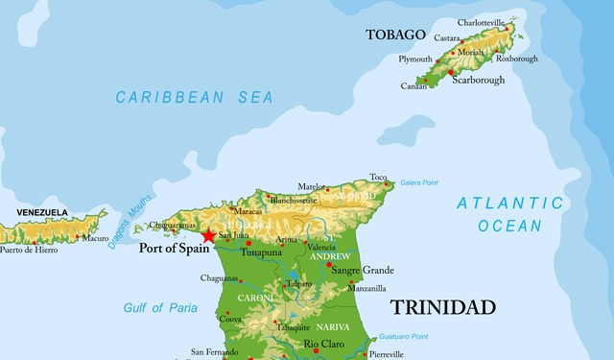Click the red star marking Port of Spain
pyautogui.click(x=208, y=235)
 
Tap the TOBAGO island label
pyautogui.click(x=395, y=35)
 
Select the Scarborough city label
pyautogui.click(x=478, y=81)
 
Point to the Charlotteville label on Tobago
pyautogui.click(x=481, y=22)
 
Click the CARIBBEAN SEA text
pyautogui.click(x=194, y=97)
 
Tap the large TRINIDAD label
pyautogui.click(x=442, y=307)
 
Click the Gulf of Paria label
pyautogui.click(x=160, y=308)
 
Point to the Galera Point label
pyautogui.click(x=418, y=181)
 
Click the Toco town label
pyautogui.click(x=378, y=177)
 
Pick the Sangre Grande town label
pyautogui.click(x=363, y=271)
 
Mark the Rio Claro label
pyautogui.click(x=323, y=344)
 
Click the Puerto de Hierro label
pyautogui.click(x=28, y=250)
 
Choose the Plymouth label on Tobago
pyautogui.click(x=414, y=60)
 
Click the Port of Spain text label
pyautogui.click(x=176, y=248)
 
